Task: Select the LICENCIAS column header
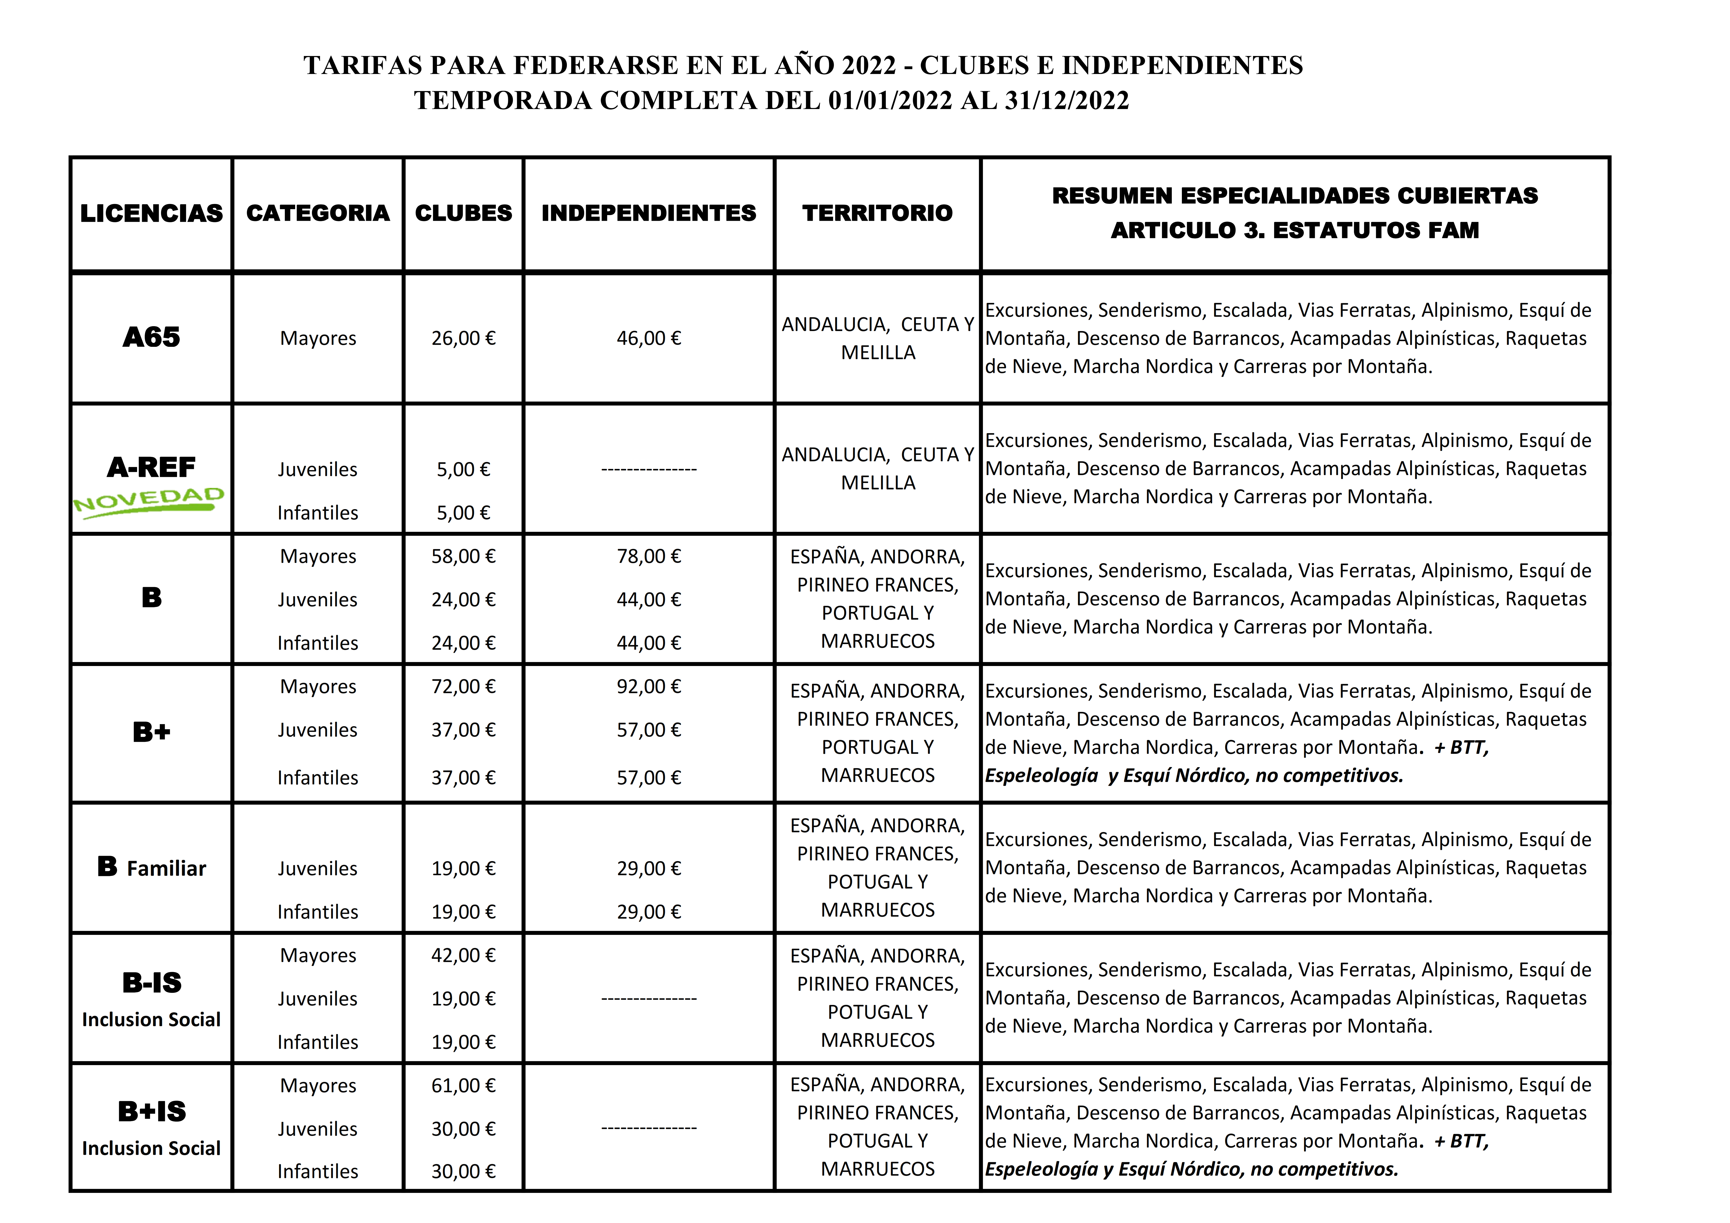coord(151,213)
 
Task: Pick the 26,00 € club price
coord(463,338)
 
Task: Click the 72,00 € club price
coord(463,686)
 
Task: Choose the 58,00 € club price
coord(463,556)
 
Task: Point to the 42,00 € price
coord(463,956)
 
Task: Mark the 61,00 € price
coord(463,1086)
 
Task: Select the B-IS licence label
coord(151,983)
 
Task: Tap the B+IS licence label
coord(151,1112)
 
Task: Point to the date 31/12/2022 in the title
coord(1067,100)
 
